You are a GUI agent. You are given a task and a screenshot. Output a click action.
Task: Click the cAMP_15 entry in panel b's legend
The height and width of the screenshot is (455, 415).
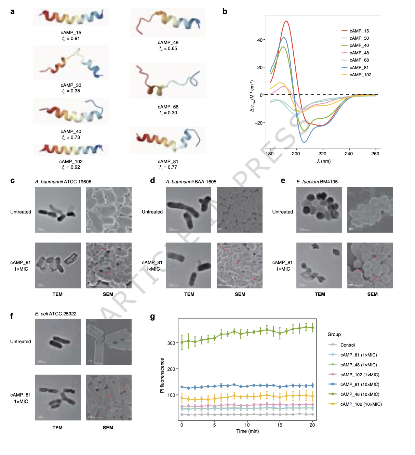coord(359,31)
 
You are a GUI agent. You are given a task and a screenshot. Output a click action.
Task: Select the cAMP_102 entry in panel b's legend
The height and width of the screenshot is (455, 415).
coord(360,75)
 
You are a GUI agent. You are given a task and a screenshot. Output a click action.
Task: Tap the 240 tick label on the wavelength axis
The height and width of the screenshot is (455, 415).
coord(349,154)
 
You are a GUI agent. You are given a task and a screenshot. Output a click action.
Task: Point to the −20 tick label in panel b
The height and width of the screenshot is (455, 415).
coord(258,123)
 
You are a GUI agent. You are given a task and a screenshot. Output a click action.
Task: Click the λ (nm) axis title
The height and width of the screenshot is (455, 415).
coord(324,161)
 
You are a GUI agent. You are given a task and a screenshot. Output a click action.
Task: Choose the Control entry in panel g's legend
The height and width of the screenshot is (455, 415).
coord(347,345)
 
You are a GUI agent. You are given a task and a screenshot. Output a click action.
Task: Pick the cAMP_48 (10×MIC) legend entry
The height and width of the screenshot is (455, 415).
coord(360,394)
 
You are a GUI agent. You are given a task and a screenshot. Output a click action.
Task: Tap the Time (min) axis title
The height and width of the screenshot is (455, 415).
coord(247,431)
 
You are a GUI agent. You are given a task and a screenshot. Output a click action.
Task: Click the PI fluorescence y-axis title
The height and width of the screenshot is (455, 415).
coord(162,375)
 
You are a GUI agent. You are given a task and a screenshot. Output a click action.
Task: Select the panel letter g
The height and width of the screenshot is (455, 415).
coord(152,316)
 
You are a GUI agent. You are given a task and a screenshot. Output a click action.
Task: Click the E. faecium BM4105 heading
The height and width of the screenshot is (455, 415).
coord(317,182)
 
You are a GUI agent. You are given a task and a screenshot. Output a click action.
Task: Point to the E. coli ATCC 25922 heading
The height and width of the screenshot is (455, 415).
coord(56,314)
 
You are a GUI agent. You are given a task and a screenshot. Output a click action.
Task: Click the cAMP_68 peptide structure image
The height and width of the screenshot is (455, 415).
coord(168,81)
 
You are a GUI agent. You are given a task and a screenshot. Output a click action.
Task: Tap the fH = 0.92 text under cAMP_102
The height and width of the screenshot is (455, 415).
coord(71,167)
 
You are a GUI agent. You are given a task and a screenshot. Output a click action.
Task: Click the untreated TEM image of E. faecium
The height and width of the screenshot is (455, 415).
coord(319,210)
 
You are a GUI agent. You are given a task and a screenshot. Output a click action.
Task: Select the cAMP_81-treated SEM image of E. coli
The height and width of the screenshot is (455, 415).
coord(108,398)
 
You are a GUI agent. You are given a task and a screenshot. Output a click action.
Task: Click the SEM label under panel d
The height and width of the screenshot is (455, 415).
coord(240,294)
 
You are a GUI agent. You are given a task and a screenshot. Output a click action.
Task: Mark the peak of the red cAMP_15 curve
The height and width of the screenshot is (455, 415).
coord(286,21)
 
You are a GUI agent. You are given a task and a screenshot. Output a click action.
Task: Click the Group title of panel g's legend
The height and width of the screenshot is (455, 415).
coord(334,334)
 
